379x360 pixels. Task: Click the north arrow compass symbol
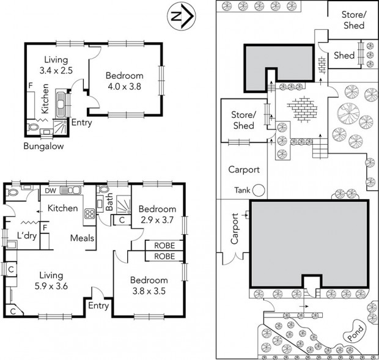click(x=182, y=16)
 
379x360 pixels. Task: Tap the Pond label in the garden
click(x=355, y=333)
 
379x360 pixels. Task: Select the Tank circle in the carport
click(x=259, y=190)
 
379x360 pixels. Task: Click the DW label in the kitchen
click(x=51, y=191)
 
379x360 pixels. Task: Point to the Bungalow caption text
click(x=43, y=146)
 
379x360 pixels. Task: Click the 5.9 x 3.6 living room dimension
click(x=51, y=286)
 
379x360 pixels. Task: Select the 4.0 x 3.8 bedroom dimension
click(x=124, y=87)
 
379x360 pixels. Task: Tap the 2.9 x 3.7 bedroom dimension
click(x=157, y=220)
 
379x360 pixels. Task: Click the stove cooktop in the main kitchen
click(x=89, y=214)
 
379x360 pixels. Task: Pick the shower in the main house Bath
click(x=123, y=204)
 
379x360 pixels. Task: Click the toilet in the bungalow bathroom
click(x=34, y=127)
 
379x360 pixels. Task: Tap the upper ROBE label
click(x=164, y=246)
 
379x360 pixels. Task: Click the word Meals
click(x=82, y=238)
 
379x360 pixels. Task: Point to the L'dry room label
click(x=27, y=235)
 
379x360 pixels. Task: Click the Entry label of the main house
click(x=98, y=306)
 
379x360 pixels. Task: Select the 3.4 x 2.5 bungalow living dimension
click(x=56, y=70)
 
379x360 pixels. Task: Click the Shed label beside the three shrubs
click(x=344, y=56)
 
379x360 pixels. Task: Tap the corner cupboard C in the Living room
click(x=13, y=312)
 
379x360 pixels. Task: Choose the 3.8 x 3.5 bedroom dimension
click(x=149, y=291)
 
